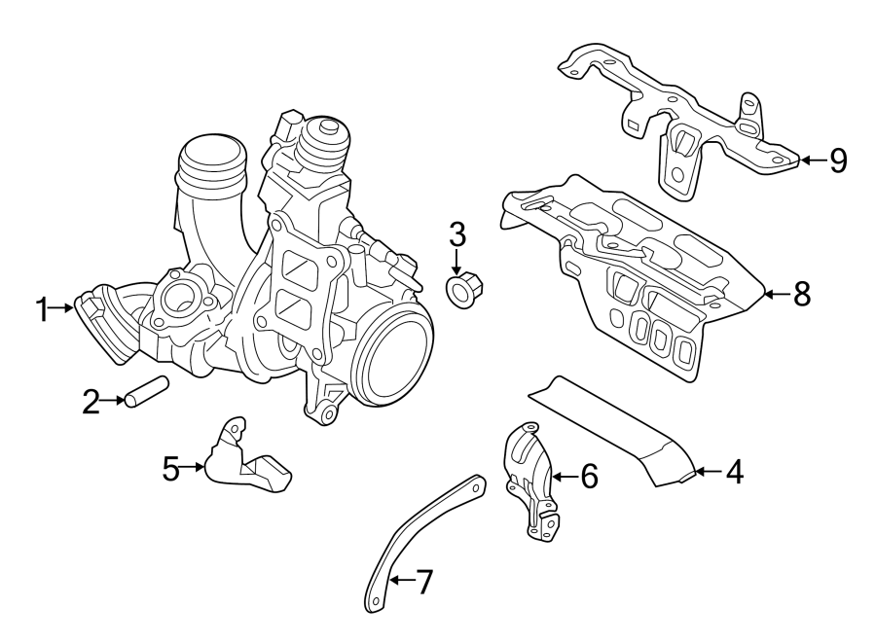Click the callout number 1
coord(42,310)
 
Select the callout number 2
coord(91,401)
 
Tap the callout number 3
coord(457,234)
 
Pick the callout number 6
coord(589,477)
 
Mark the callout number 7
coord(423,583)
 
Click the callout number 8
coord(802,294)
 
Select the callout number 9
coord(838,161)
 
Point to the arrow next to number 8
coord(775,294)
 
